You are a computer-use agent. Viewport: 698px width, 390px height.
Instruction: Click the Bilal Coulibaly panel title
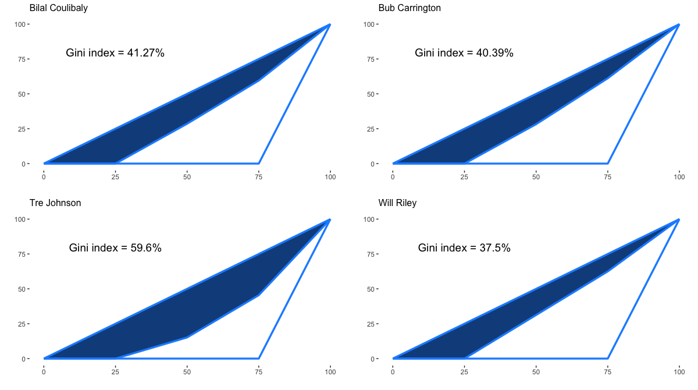tap(59, 8)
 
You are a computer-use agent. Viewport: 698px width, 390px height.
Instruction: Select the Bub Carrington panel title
tap(409, 8)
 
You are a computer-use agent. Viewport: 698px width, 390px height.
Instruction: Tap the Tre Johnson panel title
tap(55, 203)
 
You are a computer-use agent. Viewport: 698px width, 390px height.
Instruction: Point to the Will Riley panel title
tap(397, 203)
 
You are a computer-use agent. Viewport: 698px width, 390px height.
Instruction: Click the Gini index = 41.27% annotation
tap(115, 53)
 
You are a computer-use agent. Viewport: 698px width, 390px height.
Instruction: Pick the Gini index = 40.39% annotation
tap(464, 53)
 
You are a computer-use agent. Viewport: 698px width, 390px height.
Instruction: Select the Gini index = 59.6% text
tap(115, 248)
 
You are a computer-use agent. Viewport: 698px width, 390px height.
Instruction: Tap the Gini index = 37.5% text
tap(464, 248)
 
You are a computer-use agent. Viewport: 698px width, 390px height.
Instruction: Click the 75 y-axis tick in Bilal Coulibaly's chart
tap(22, 59)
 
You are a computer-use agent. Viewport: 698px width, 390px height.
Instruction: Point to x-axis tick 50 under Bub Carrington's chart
tap(536, 177)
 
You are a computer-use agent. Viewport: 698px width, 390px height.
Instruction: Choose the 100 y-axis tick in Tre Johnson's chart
tap(20, 219)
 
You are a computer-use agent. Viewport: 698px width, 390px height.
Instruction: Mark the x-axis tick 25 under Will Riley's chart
tap(464, 372)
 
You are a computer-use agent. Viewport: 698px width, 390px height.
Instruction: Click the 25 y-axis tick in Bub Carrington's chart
tap(371, 129)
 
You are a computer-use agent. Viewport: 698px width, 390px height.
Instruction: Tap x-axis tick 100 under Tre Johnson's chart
tap(330, 372)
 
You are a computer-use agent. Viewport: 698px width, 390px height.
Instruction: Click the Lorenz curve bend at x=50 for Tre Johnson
tap(187, 337)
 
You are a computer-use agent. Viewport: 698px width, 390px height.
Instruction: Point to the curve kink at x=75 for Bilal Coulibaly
tap(259, 81)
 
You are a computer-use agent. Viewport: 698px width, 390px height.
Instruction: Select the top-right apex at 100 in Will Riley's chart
tap(679, 220)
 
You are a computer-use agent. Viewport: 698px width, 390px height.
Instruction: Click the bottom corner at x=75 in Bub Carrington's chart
tap(608, 164)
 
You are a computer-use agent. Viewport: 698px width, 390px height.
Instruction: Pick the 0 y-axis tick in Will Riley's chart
tap(372, 359)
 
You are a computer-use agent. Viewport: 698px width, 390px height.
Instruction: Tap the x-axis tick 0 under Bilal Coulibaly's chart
tap(44, 177)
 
